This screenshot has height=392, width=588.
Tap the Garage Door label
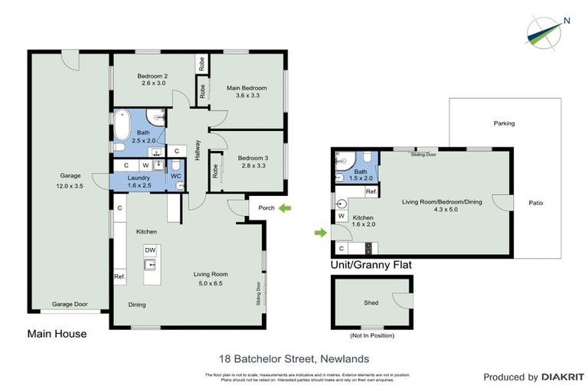[70, 304]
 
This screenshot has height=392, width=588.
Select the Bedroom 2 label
[152, 75]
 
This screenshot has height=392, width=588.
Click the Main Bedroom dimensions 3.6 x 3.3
[247, 96]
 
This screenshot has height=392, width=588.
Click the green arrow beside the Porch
[285, 207]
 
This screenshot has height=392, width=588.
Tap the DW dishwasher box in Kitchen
[150, 250]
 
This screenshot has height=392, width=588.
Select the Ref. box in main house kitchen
[120, 276]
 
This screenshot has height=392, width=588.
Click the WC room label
[175, 176]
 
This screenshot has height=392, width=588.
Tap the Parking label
[504, 123]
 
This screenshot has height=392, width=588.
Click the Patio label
[535, 203]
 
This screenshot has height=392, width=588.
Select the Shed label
[371, 303]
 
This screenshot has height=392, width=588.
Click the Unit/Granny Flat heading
[371, 265]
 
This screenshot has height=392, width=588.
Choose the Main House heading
[57, 334]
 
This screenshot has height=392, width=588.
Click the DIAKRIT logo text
[563, 377]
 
